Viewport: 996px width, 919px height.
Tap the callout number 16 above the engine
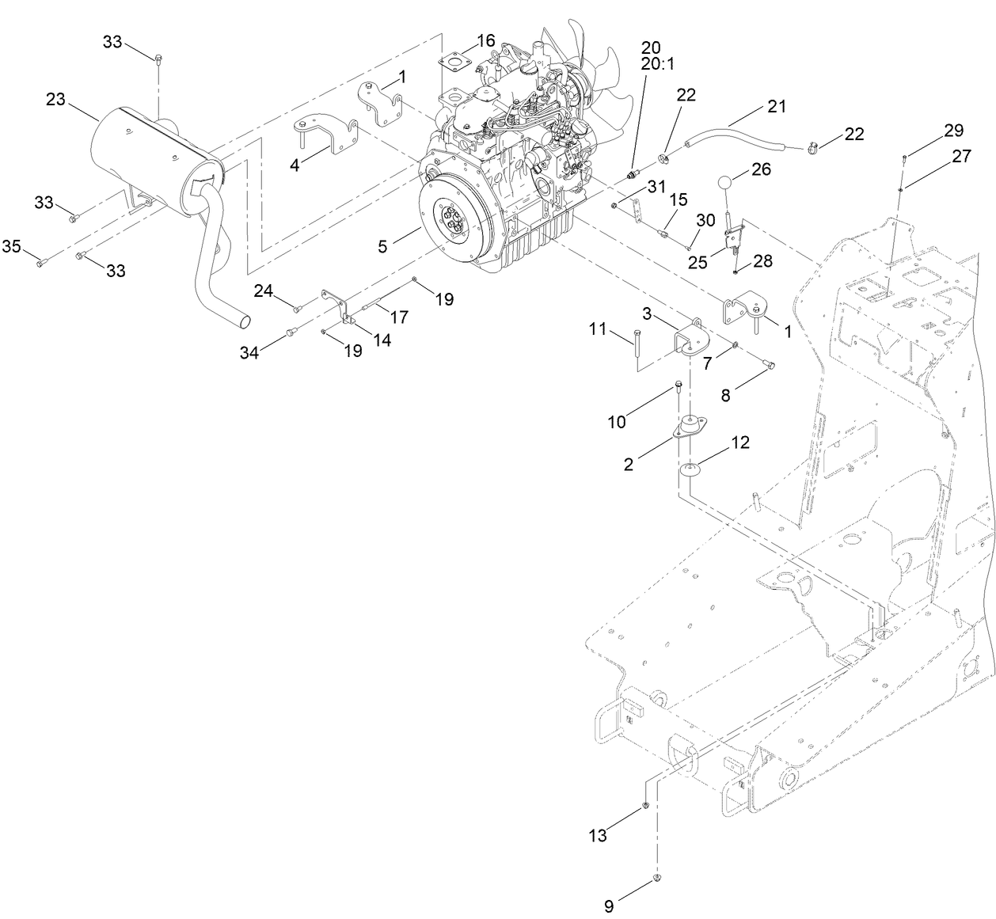tap(485, 40)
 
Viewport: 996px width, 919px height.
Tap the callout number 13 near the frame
tap(598, 835)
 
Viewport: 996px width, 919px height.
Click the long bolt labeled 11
tap(636, 347)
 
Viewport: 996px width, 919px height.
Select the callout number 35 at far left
tap(11, 247)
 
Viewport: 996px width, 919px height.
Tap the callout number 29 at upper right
tap(953, 130)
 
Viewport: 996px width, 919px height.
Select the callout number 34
tap(250, 353)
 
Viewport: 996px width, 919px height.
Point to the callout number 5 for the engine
tap(382, 246)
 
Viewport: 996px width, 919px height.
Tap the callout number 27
tap(961, 157)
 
